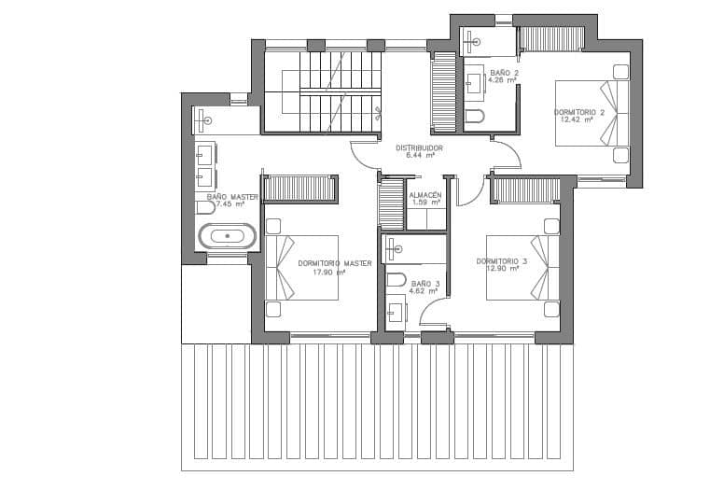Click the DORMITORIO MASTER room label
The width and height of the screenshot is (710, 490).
tap(335, 263)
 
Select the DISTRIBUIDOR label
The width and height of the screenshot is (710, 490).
tap(418, 147)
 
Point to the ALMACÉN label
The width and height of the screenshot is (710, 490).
tap(425, 193)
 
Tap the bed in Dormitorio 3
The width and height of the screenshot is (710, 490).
tap(522, 268)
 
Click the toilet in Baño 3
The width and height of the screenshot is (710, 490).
tap(395, 279)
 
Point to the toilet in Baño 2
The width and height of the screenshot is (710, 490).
tap(476, 116)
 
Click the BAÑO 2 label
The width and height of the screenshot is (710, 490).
tap(503, 72)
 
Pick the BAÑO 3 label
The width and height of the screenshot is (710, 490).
tap(425, 283)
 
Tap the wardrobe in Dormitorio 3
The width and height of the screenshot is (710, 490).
tap(525, 190)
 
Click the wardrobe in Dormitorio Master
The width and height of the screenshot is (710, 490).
tap(299, 188)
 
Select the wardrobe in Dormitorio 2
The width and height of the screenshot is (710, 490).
tap(550, 38)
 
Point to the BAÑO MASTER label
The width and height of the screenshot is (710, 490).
tap(232, 197)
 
